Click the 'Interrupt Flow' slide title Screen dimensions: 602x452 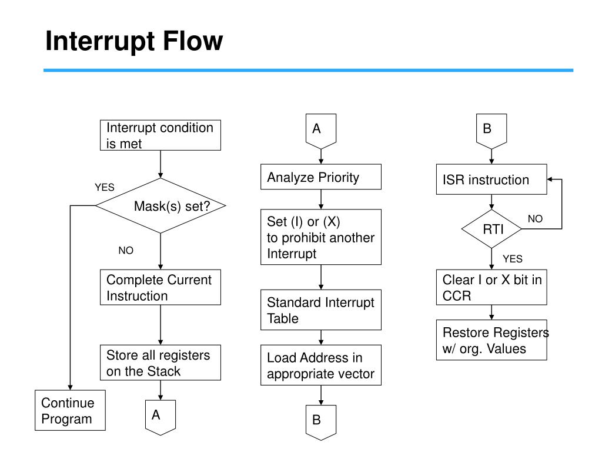pyautogui.click(x=134, y=41)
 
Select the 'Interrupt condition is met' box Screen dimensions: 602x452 pyautogui.click(x=160, y=135)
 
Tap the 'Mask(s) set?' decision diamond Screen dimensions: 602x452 pyautogui.click(x=160, y=205)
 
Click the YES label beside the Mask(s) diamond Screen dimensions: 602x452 pyautogui.click(x=105, y=187)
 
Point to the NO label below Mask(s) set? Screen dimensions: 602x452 pyautogui.click(x=126, y=250)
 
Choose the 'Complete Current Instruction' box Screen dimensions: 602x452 pyautogui.click(x=160, y=287)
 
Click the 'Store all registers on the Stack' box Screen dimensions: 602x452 pyautogui.click(x=160, y=363)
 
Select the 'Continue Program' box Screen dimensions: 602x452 pyautogui.click(x=71, y=410)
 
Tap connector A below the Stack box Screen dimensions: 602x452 pyautogui.click(x=160, y=417)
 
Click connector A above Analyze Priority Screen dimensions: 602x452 pyautogui.click(x=321, y=131)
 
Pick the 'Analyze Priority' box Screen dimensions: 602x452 pyautogui.click(x=321, y=177)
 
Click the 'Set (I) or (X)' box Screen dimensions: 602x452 pyautogui.click(x=321, y=237)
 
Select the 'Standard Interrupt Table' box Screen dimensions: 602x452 pyautogui.click(x=321, y=310)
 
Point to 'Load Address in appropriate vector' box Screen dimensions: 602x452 pyautogui.click(x=321, y=365)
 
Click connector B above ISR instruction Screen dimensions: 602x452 pyautogui.click(x=491, y=131)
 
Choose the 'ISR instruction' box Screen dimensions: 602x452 pyautogui.click(x=491, y=180)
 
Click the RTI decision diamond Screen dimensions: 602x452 pyautogui.click(x=491, y=229)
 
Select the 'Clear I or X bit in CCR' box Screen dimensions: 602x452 pyautogui.click(x=491, y=287)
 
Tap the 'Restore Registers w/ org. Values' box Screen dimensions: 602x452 pyautogui.click(x=491, y=340)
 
